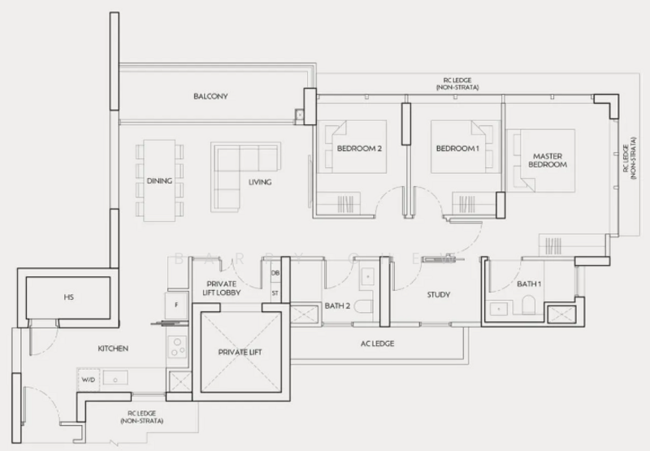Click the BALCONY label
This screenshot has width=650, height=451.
[x=210, y=96]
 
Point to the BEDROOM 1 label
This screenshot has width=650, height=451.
[x=453, y=149]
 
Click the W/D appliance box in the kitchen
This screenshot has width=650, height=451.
[x=88, y=378]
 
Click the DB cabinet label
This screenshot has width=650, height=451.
[x=275, y=273]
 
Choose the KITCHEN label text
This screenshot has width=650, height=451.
[x=113, y=348]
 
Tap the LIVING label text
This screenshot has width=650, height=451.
[x=260, y=182]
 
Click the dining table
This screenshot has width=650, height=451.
[x=160, y=180]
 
